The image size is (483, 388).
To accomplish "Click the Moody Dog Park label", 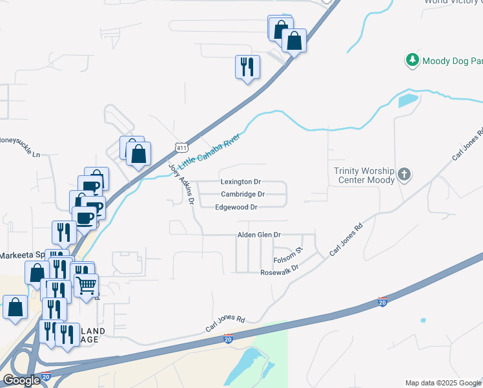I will click(452, 61).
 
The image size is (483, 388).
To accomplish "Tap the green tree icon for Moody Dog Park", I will click(412, 61).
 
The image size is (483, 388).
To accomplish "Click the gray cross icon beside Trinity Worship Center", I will click(404, 175).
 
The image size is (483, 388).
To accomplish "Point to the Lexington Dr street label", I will click(240, 182).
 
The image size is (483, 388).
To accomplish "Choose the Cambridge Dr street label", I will click(243, 194).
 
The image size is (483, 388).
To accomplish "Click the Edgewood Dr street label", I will click(236, 207).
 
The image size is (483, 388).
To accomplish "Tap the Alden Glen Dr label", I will click(260, 235).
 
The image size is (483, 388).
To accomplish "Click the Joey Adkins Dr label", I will click(182, 184).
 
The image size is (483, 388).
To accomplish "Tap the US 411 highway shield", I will click(181, 148).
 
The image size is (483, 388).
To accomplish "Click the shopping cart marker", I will click(86, 285).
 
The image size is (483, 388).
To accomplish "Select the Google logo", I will click(21, 380).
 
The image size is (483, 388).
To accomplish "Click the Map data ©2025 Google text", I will click(443, 383).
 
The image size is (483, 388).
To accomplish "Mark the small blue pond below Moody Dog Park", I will click(408, 101).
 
